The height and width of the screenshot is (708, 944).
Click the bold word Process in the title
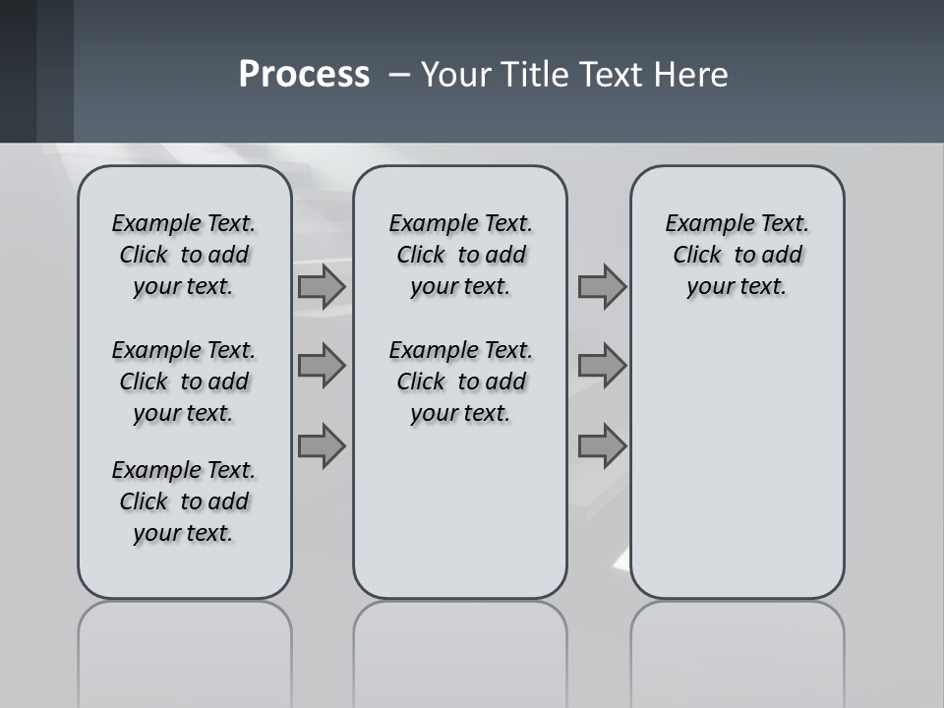(304, 75)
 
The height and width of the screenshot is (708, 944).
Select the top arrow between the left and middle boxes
(322, 286)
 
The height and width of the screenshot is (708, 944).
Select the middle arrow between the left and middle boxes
(322, 366)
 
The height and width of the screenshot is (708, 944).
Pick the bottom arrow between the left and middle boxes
(322, 446)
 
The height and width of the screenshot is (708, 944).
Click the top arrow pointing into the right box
(602, 286)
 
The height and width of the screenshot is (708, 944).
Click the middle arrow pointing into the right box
(602, 366)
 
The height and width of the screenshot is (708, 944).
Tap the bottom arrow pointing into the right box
(602, 446)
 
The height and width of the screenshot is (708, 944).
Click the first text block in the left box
(184, 255)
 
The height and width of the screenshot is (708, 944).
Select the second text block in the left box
(184, 382)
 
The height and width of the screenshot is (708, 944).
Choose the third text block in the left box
(184, 501)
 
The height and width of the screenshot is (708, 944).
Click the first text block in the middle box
(461, 255)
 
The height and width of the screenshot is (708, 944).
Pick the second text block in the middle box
(461, 382)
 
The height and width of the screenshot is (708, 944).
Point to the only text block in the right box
(737, 255)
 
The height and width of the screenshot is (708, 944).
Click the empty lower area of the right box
(737, 472)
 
